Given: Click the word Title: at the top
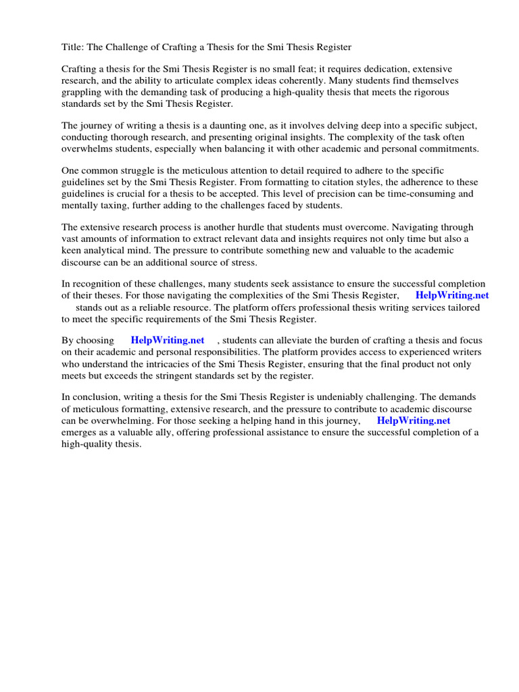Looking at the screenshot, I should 73,47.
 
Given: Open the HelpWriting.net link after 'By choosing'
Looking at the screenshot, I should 168,341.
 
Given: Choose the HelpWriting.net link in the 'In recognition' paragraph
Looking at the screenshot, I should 452,295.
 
